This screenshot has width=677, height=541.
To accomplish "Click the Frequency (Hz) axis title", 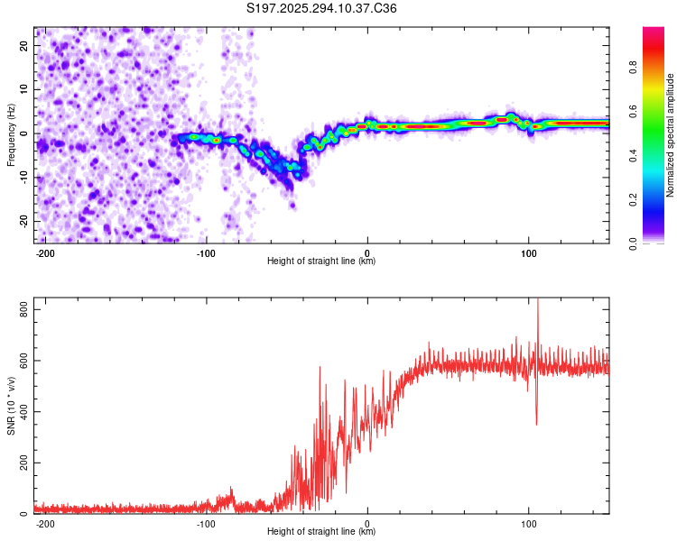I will click(x=11, y=135).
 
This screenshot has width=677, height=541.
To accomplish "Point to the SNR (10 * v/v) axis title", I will click(x=11, y=405).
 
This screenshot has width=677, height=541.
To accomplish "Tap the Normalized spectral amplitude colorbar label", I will click(x=671, y=135).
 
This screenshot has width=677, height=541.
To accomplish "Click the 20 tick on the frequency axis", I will click(x=24, y=45).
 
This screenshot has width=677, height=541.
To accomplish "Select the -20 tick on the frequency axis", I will click(x=23, y=221).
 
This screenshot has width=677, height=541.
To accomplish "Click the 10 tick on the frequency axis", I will click(x=24, y=89).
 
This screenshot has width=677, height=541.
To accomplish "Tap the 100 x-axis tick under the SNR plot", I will click(x=528, y=524).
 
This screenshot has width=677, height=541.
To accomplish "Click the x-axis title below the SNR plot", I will click(x=321, y=532).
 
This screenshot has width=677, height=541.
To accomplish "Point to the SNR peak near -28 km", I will click(x=320, y=367).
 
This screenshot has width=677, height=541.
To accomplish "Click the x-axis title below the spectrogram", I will click(x=321, y=261).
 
